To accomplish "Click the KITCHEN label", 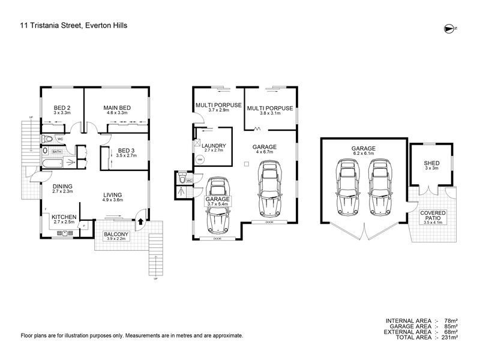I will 63,217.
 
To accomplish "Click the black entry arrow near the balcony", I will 140,221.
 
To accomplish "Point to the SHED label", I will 431,163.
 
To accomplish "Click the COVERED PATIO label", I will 432,216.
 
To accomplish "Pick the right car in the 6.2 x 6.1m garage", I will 378,190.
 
